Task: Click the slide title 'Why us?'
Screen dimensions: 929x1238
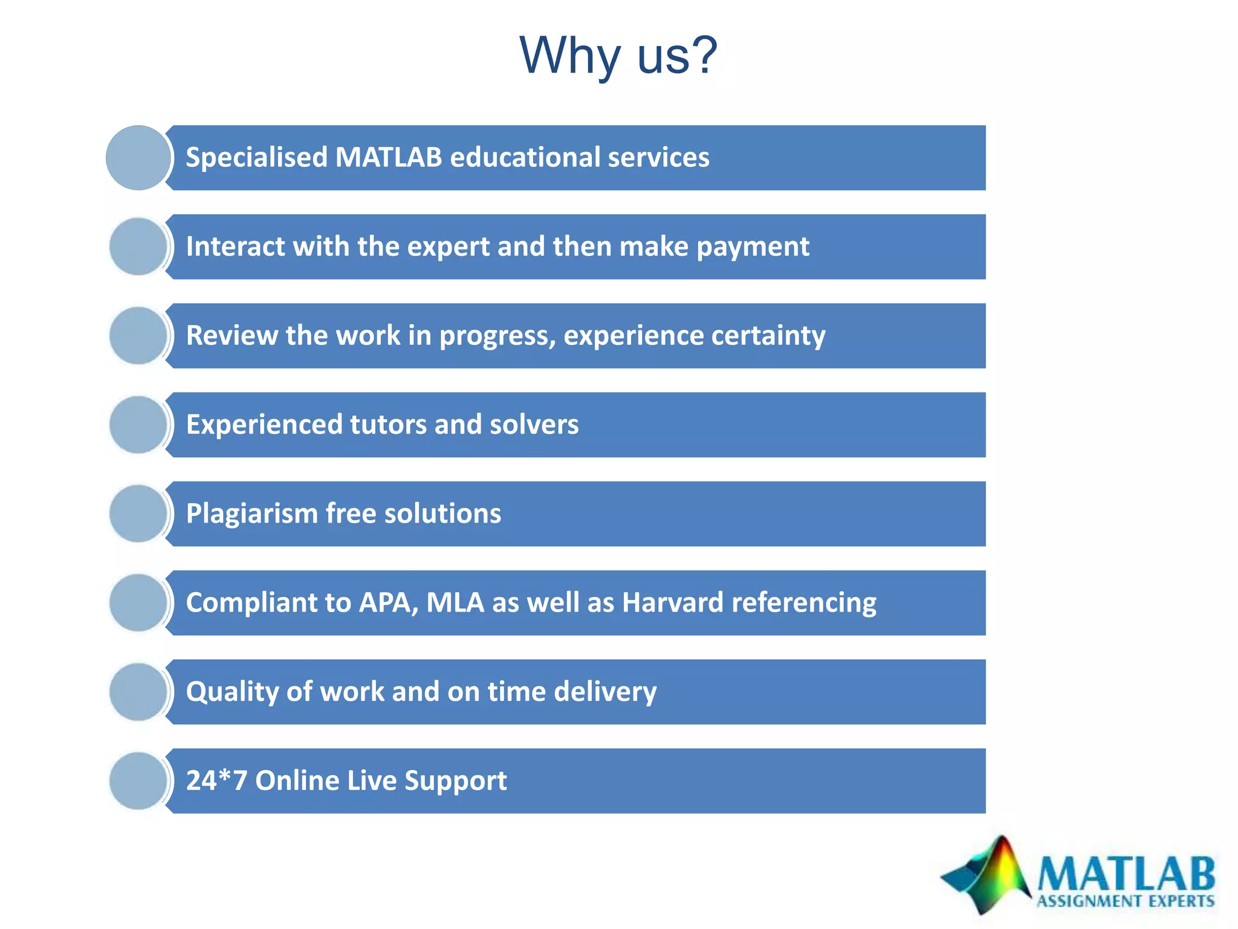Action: (618, 56)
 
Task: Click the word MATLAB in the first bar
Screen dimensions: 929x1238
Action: (388, 157)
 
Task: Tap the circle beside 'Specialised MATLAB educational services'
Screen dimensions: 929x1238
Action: (138, 158)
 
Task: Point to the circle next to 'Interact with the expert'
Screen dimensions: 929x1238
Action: (138, 247)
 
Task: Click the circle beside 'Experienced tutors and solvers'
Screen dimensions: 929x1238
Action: (138, 425)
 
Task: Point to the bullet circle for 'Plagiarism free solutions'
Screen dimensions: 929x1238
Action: (138, 513)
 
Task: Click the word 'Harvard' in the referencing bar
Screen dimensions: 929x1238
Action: (672, 602)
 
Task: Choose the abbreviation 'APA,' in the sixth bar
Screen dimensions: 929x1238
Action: (389, 602)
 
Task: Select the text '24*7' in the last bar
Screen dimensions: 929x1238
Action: (216, 780)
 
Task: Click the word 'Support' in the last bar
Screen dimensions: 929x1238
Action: (455, 780)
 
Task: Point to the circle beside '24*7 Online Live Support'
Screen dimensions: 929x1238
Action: (138, 781)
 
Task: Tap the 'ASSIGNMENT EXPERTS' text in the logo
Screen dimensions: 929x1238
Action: (1126, 901)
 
